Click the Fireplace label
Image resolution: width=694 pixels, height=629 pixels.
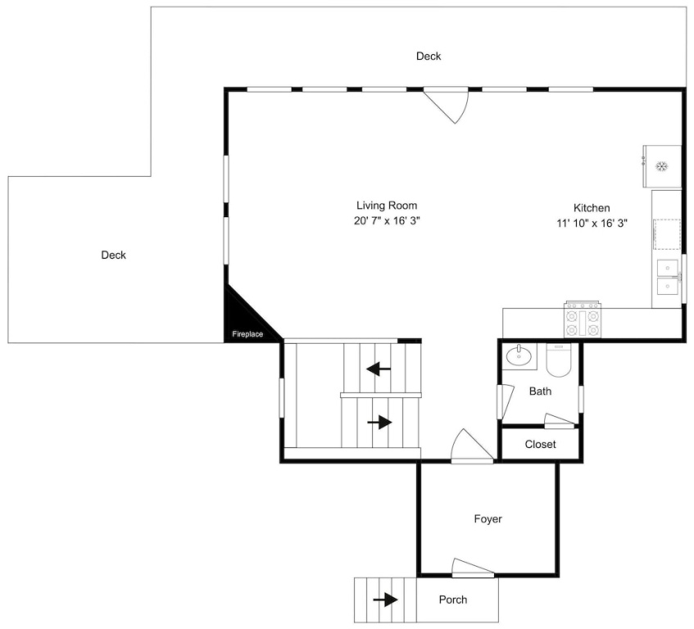[247, 334]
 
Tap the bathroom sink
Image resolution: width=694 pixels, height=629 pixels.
[519, 355]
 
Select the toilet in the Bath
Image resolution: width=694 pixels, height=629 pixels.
[559, 360]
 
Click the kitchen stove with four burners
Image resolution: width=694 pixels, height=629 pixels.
[582, 319]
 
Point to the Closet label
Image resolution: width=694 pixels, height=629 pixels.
[540, 444]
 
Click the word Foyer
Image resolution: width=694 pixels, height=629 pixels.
[488, 519]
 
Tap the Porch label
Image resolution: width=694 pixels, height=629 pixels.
[453, 600]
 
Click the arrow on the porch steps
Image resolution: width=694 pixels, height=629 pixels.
[385, 600]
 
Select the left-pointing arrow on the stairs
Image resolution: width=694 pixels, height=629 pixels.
[379, 369]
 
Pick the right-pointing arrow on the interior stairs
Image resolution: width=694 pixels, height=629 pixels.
[379, 423]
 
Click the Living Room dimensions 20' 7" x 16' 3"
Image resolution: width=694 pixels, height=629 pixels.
[387, 220]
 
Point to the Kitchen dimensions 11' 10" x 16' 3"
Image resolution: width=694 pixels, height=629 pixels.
[592, 223]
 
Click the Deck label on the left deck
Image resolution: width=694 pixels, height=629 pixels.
[113, 255]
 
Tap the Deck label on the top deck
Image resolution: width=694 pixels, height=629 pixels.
[429, 57]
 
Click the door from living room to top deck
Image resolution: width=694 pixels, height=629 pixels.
[446, 104]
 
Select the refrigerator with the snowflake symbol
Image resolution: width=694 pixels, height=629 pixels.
[662, 166]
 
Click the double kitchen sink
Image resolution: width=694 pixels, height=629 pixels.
[668, 277]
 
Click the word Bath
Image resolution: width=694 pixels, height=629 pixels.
[540, 391]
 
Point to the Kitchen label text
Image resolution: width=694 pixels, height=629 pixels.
[592, 208]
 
